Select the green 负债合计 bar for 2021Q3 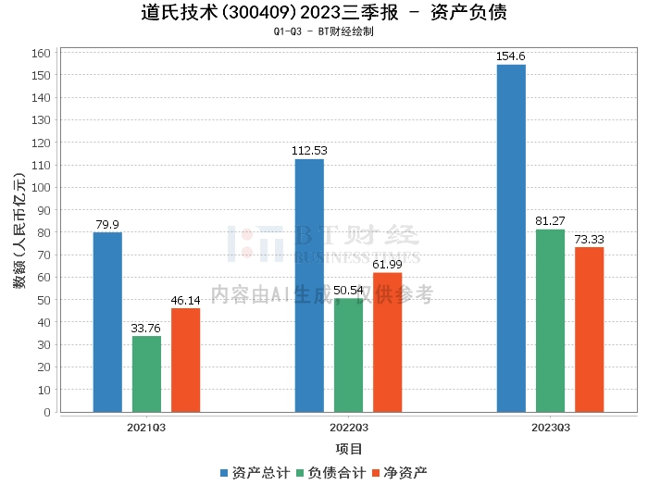click(146, 374)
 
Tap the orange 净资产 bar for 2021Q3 click(185, 360)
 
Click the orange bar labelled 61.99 click(387, 342)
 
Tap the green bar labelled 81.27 click(550, 320)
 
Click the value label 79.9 click(107, 225)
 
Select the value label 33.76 click(146, 329)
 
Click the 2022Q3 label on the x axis click(348, 428)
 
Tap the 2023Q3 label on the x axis click(550, 428)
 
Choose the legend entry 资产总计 click(254, 472)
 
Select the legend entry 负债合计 click(330, 472)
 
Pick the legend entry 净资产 click(400, 472)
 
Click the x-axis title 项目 click(348, 449)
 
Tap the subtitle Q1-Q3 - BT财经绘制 click(323, 31)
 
